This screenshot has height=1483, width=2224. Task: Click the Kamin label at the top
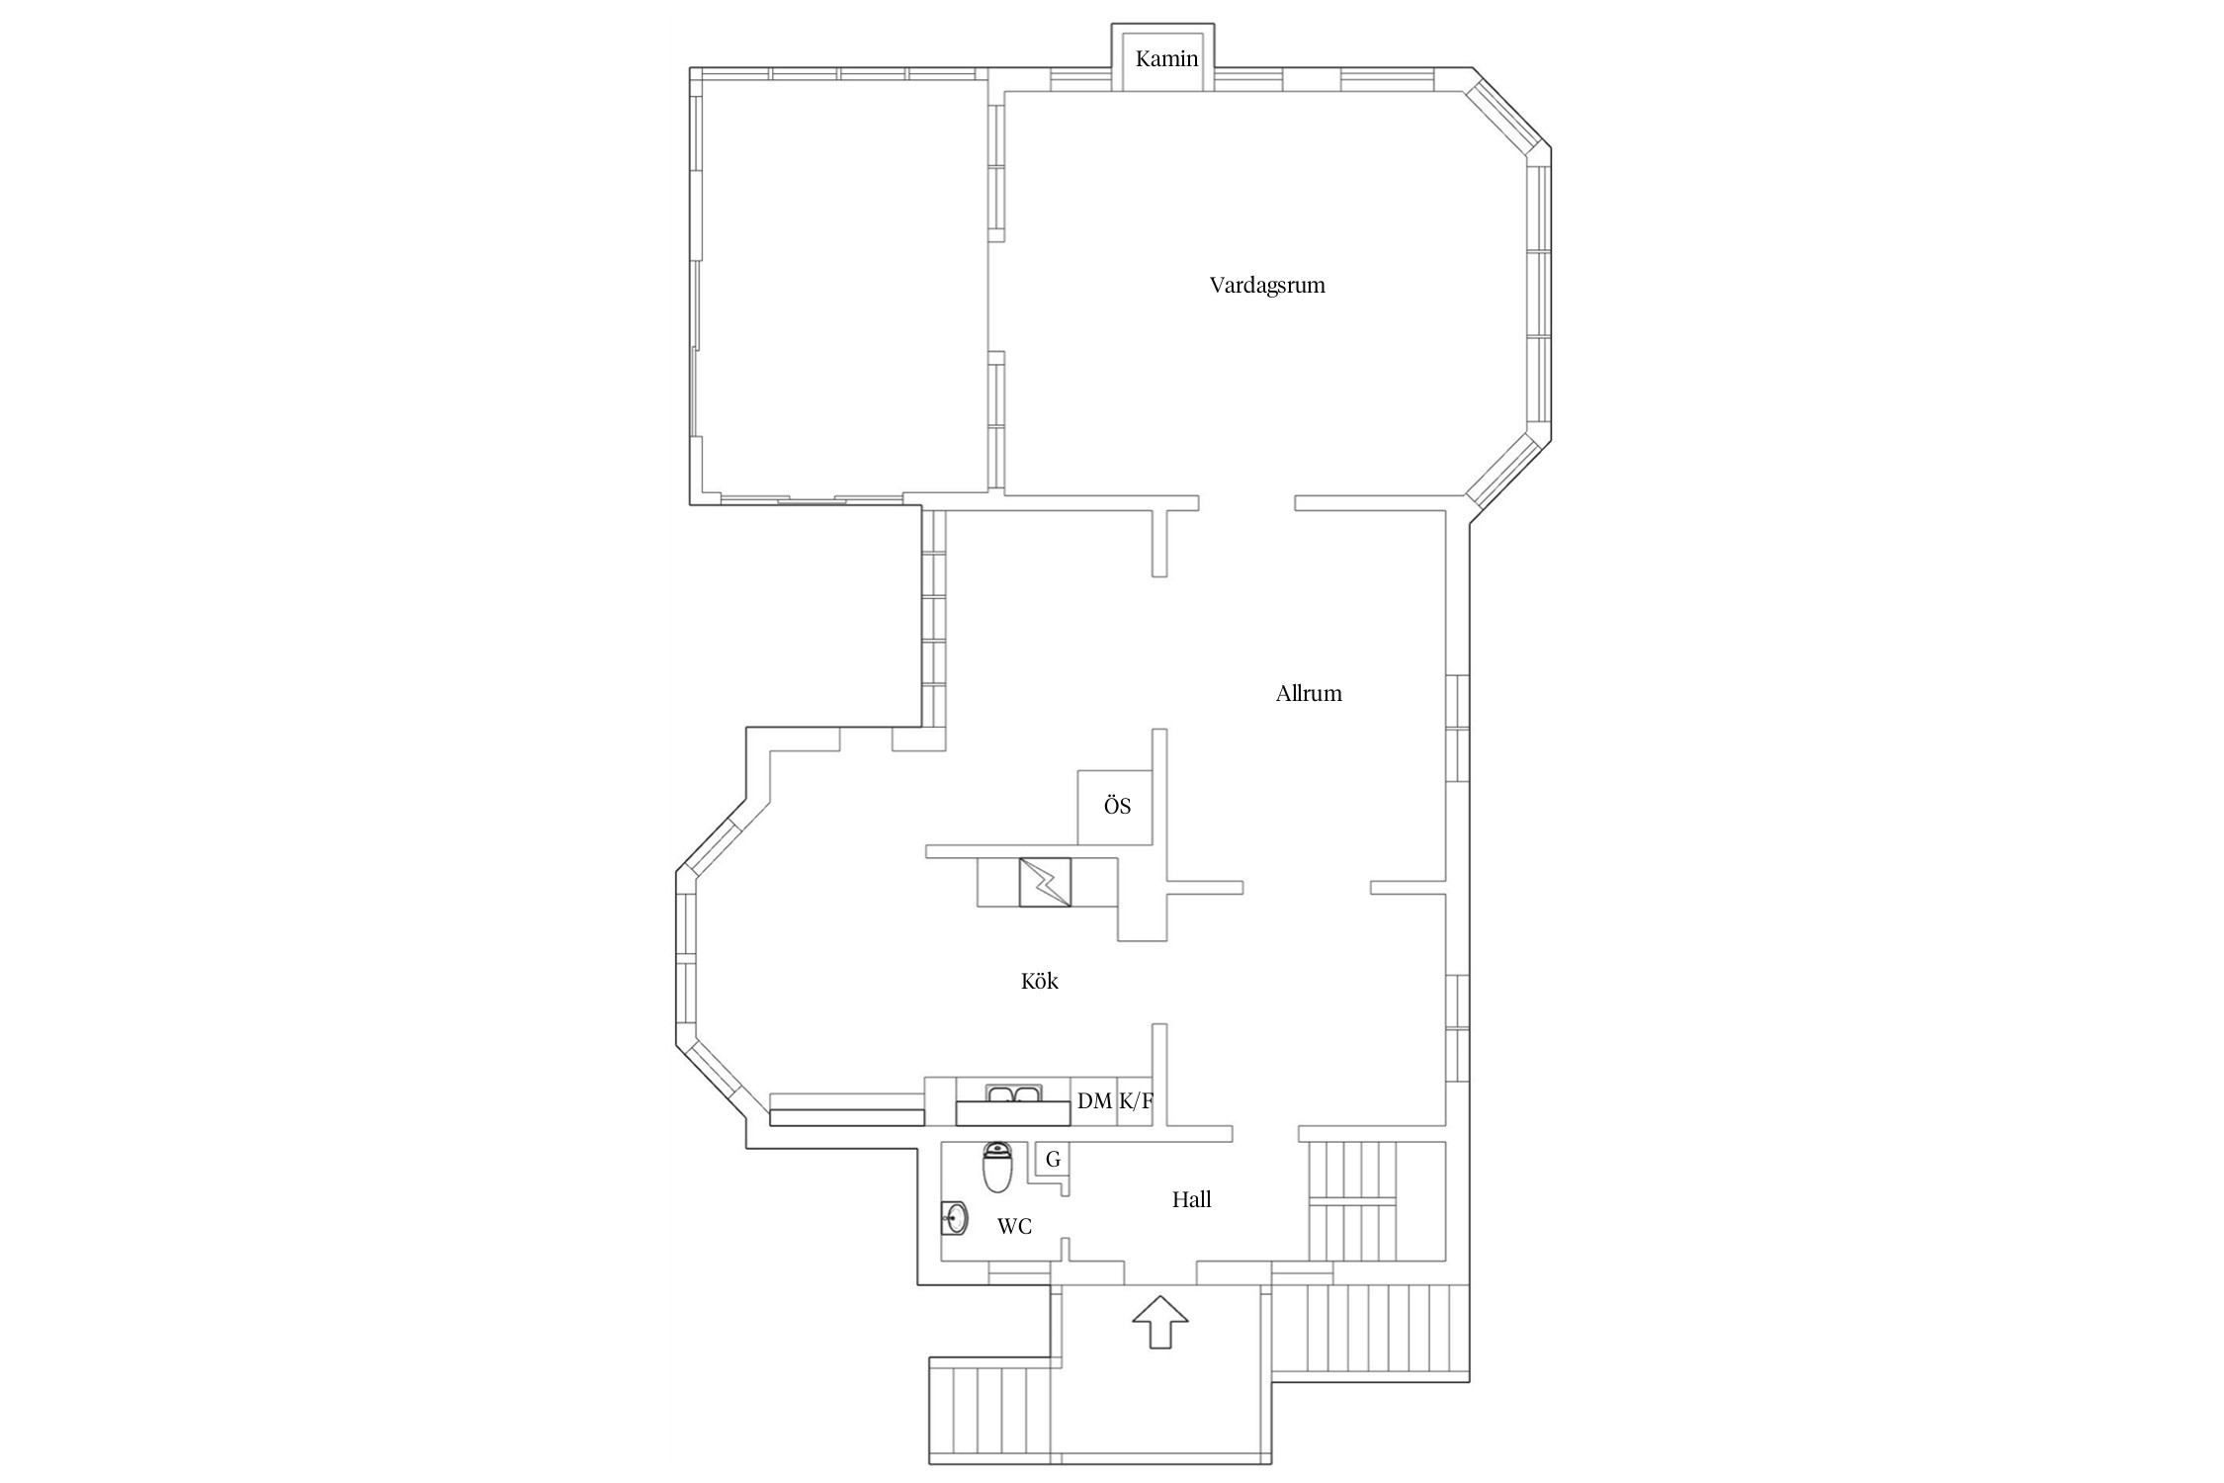pos(1166,59)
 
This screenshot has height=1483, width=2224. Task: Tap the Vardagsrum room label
pos(1267,286)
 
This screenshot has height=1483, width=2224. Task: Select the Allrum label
pos(1309,693)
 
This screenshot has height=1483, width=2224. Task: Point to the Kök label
pos(1040,981)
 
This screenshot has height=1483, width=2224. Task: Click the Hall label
pos(1192,1199)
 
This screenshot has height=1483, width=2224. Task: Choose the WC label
pos(1015,1227)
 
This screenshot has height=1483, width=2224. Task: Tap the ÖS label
pos(1117,806)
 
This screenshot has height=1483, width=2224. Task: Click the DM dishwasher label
pos(1095,1100)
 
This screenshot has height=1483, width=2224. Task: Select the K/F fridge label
pos(1136,1100)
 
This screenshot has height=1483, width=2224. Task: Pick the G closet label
pos(1053,1159)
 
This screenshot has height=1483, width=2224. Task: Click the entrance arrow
pos(1160,1322)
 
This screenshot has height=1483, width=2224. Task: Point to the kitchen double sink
pos(1013,1092)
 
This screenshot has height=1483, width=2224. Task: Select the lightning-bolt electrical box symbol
pos(1045,882)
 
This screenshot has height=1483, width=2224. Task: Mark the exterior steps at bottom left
pos(989,1410)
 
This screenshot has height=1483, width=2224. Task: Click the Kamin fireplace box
pos(1163,57)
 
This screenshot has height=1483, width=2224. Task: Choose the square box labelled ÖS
pos(1115,807)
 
